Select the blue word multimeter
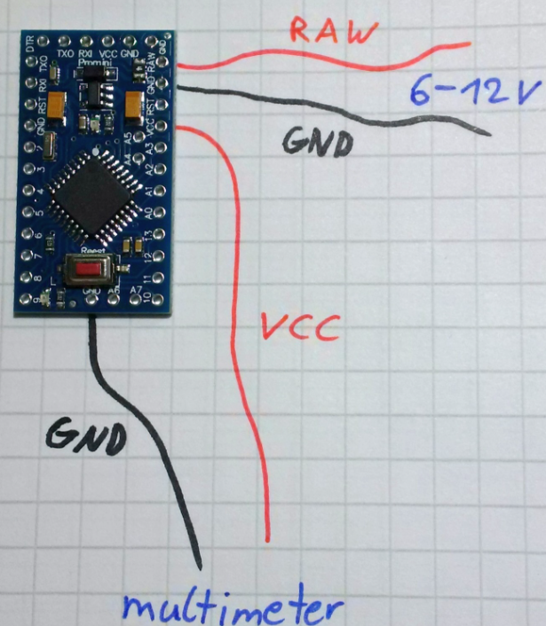click(233, 608)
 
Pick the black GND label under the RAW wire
click(314, 141)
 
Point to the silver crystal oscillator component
click(47, 141)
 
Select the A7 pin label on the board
click(135, 290)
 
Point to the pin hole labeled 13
click(161, 232)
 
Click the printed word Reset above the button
click(91, 252)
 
